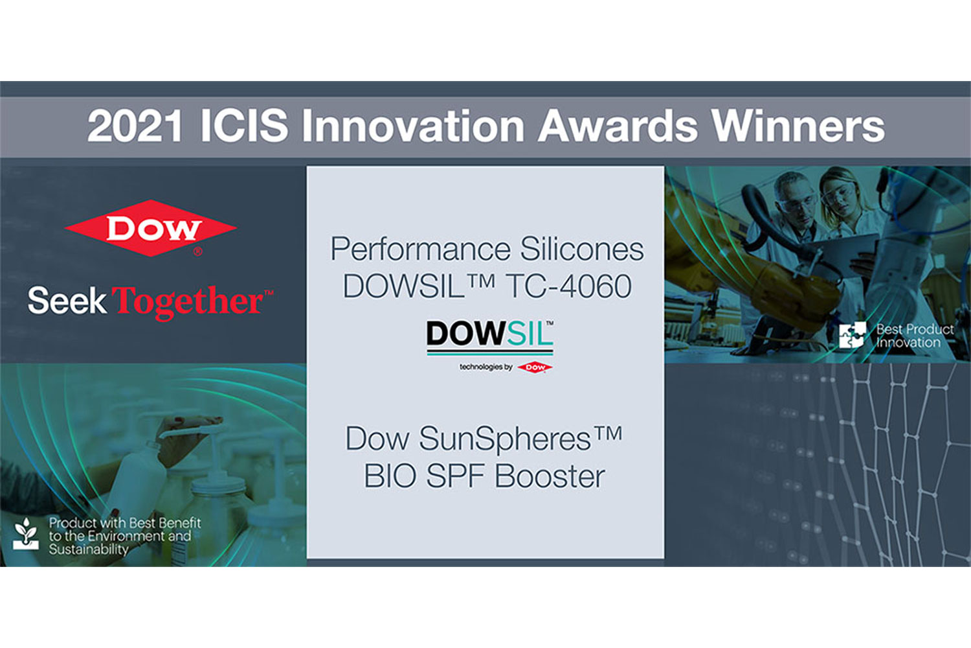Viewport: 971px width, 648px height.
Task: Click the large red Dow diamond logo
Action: tap(150, 228)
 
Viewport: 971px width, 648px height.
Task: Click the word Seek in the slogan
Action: tap(67, 300)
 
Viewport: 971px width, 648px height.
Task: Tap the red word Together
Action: tap(187, 302)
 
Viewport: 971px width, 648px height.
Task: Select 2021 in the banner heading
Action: tap(134, 126)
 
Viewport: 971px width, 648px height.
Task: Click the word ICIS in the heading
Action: tap(244, 126)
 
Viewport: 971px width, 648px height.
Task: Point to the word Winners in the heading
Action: tap(798, 126)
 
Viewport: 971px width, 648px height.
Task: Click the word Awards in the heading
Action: tap(618, 126)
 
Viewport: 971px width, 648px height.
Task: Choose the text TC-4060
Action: tap(568, 286)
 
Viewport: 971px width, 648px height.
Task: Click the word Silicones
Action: tap(582, 249)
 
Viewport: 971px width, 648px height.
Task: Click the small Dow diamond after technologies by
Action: tap(535, 367)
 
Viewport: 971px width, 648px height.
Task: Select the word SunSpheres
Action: tap(504, 439)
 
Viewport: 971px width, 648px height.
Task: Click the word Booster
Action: tap(550, 476)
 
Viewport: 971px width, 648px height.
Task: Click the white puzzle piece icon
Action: tap(852, 335)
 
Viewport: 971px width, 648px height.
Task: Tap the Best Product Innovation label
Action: tap(915, 336)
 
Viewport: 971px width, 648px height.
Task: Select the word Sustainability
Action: tap(89, 550)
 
